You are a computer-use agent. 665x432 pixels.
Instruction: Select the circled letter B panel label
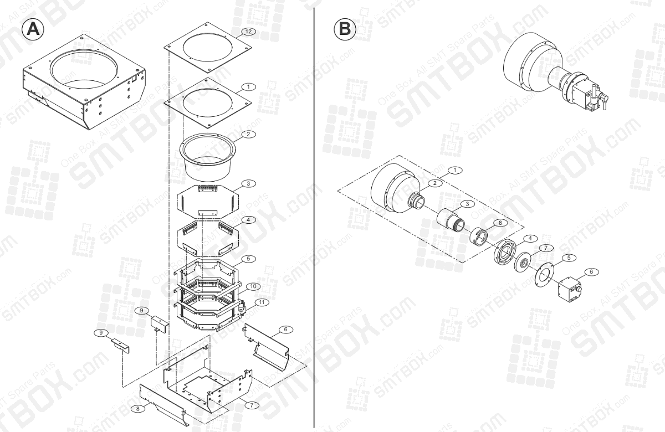(x=345, y=29)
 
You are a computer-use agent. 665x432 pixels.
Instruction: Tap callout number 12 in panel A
(x=248, y=32)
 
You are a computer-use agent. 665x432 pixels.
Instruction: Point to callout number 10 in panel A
(x=252, y=286)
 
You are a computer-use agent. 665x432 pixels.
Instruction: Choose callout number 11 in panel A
(x=261, y=302)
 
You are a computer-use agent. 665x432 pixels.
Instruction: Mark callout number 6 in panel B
(x=590, y=271)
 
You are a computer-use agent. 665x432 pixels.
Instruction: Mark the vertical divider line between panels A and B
(x=315, y=222)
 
